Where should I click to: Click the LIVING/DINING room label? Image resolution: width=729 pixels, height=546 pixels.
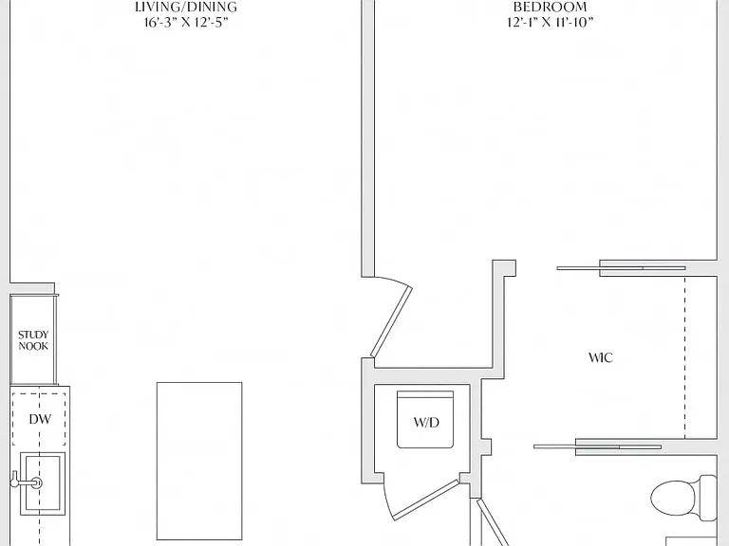[x=186, y=7]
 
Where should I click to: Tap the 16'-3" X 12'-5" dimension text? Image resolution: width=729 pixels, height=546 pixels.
[x=186, y=23]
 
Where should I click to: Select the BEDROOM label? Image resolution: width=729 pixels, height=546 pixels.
[x=550, y=7]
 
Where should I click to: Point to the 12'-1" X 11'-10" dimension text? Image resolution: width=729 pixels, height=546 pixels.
[x=550, y=22]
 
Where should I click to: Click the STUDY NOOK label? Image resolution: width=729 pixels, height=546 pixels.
[x=33, y=340]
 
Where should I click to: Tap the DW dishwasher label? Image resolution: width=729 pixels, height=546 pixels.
[x=40, y=419]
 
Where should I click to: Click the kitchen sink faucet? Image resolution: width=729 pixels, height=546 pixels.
[x=27, y=482]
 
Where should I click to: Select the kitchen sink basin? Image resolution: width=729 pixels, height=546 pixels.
[x=43, y=483]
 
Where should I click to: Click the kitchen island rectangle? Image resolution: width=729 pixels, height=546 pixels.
[x=199, y=461]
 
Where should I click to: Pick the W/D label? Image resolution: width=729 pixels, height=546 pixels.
[x=426, y=422]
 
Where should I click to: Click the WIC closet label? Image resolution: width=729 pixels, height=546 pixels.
[x=601, y=357]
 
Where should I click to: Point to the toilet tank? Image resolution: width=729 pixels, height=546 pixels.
[x=707, y=498]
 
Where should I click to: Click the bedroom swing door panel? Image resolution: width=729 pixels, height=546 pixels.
[x=391, y=321]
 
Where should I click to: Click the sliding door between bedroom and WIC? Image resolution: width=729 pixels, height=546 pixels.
[x=621, y=268]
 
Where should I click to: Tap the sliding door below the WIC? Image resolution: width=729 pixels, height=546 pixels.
[x=597, y=446]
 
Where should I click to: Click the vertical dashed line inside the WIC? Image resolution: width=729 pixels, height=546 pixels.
[x=684, y=357]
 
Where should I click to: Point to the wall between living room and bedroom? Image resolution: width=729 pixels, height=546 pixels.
[x=367, y=138]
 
